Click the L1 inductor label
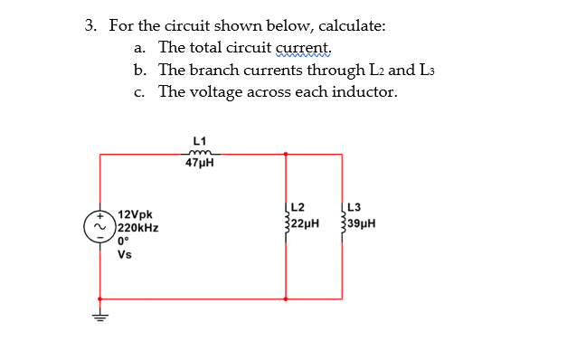[200, 140]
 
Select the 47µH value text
[200, 164]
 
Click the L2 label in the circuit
[298, 207]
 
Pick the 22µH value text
[305, 221]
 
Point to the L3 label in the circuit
[354, 207]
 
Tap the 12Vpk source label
[135, 216]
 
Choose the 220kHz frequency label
[139, 229]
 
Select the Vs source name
[125, 254]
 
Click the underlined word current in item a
[307, 48]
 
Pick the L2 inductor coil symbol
[287, 221]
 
